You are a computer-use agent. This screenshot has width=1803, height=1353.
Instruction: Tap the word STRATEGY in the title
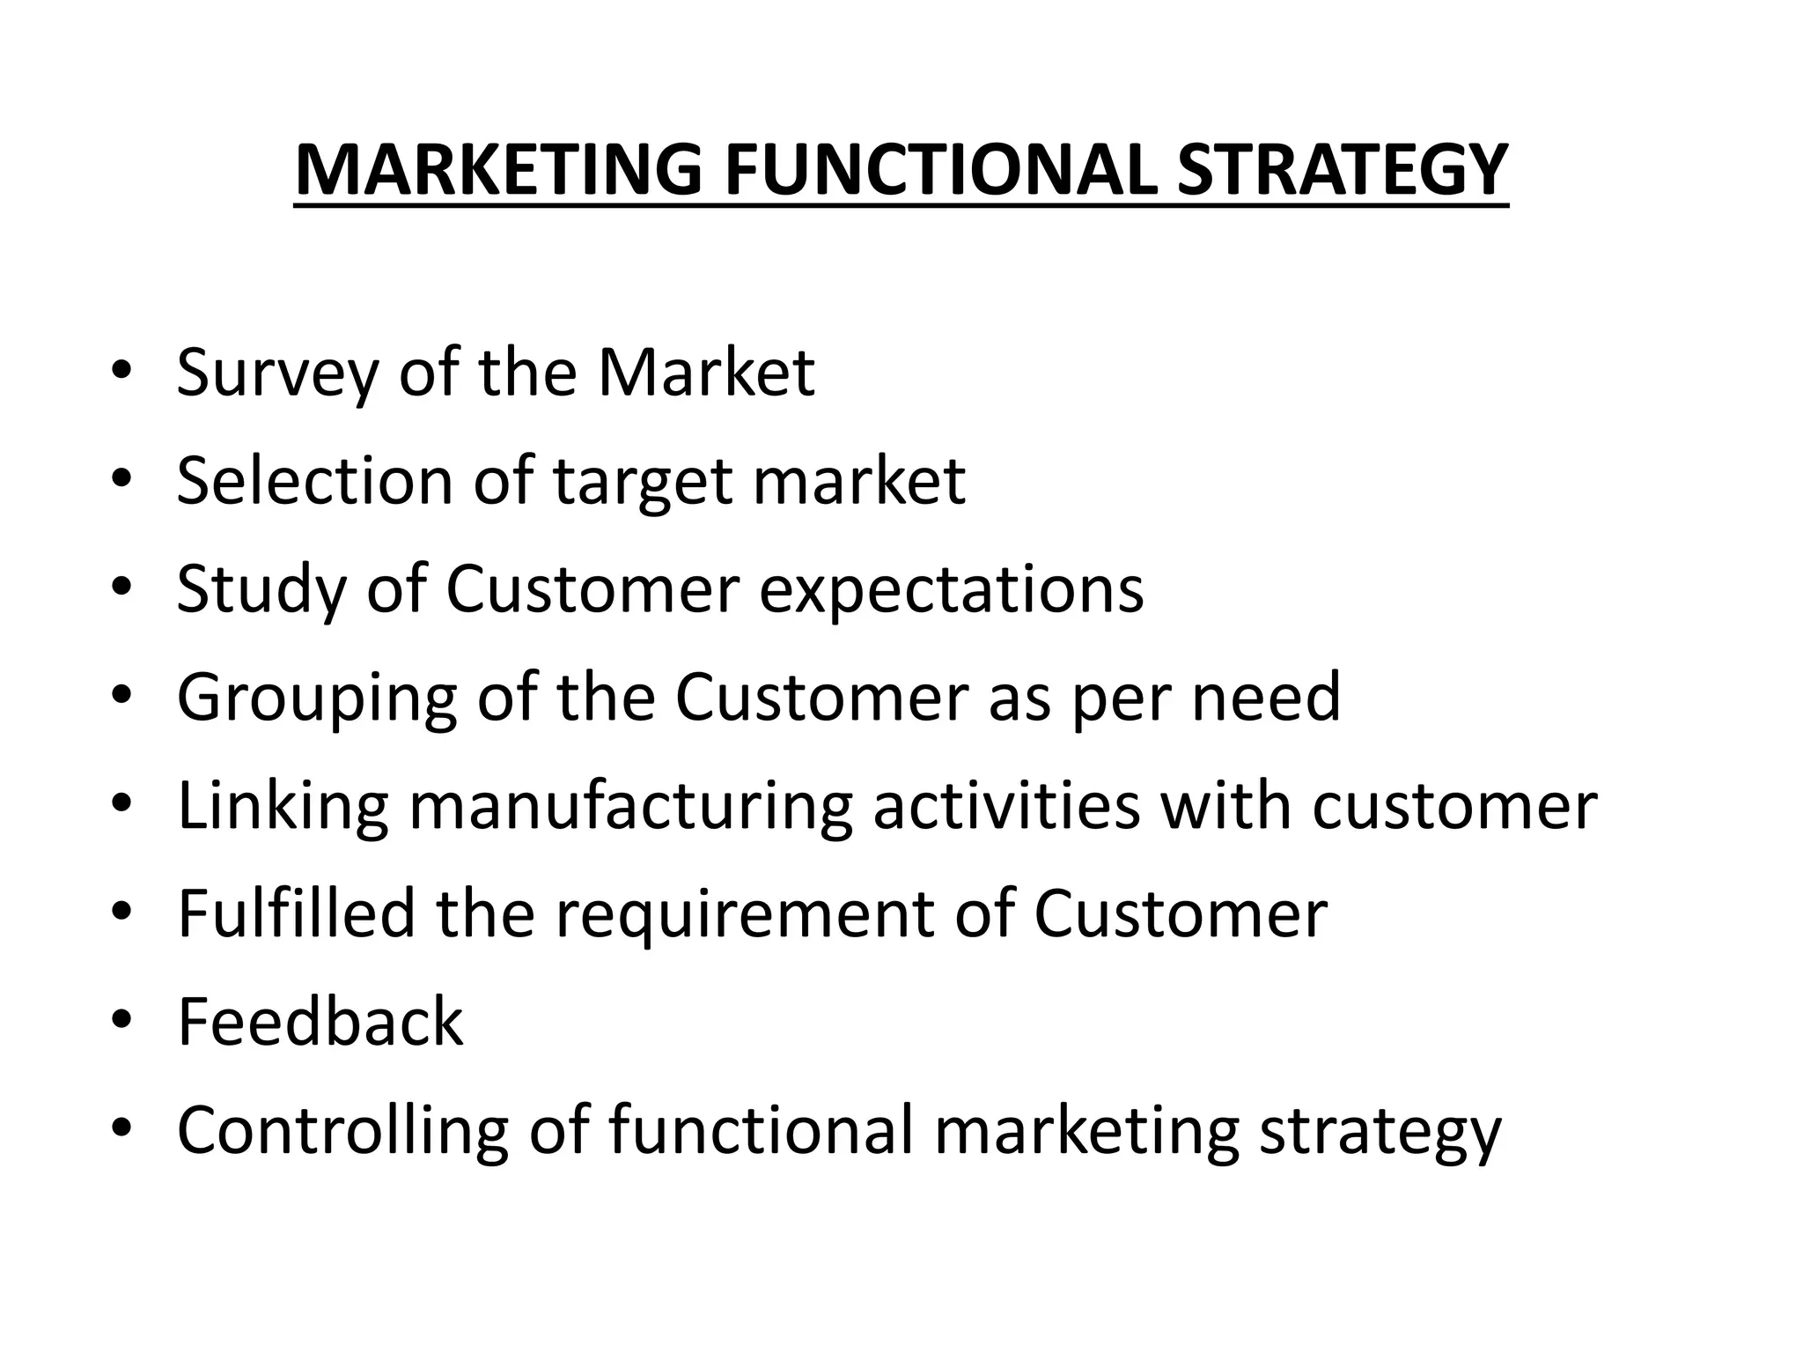click(1343, 170)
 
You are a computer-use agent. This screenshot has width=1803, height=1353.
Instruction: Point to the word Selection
click(314, 482)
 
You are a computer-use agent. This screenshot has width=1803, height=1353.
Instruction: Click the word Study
click(261, 590)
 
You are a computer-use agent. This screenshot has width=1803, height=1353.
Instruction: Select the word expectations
click(951, 590)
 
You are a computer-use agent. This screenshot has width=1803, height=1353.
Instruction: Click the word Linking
click(283, 807)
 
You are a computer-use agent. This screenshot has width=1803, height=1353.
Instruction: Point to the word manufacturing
click(630, 807)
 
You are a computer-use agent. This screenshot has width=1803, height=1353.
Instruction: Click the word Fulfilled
click(296, 913)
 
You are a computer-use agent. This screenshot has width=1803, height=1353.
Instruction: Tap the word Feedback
click(320, 1022)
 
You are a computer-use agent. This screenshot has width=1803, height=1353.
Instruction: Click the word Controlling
click(342, 1131)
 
